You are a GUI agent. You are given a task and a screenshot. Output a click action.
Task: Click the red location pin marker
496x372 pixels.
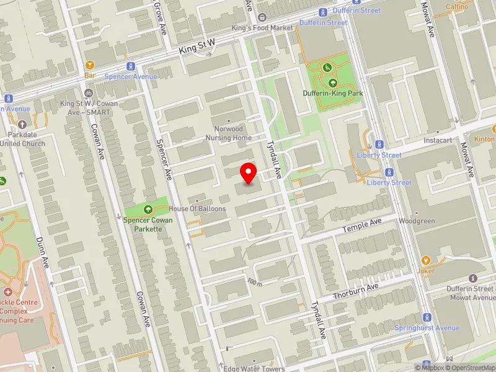249,173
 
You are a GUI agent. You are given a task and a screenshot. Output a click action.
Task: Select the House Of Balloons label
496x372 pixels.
197,209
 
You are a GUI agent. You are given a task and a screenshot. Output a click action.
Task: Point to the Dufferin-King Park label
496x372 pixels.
332,94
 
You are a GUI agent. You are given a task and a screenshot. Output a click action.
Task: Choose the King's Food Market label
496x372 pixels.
262,28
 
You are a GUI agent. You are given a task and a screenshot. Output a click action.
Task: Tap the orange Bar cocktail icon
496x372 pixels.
90,64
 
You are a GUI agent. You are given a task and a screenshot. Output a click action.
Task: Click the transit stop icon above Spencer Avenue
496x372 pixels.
131,66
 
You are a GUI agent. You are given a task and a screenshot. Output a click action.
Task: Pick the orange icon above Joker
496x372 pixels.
426,260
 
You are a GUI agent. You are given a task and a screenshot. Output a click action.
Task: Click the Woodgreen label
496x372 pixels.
412,221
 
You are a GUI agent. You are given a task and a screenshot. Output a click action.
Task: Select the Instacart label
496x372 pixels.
438,141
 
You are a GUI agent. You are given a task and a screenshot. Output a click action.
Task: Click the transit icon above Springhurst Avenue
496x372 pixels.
427,317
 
